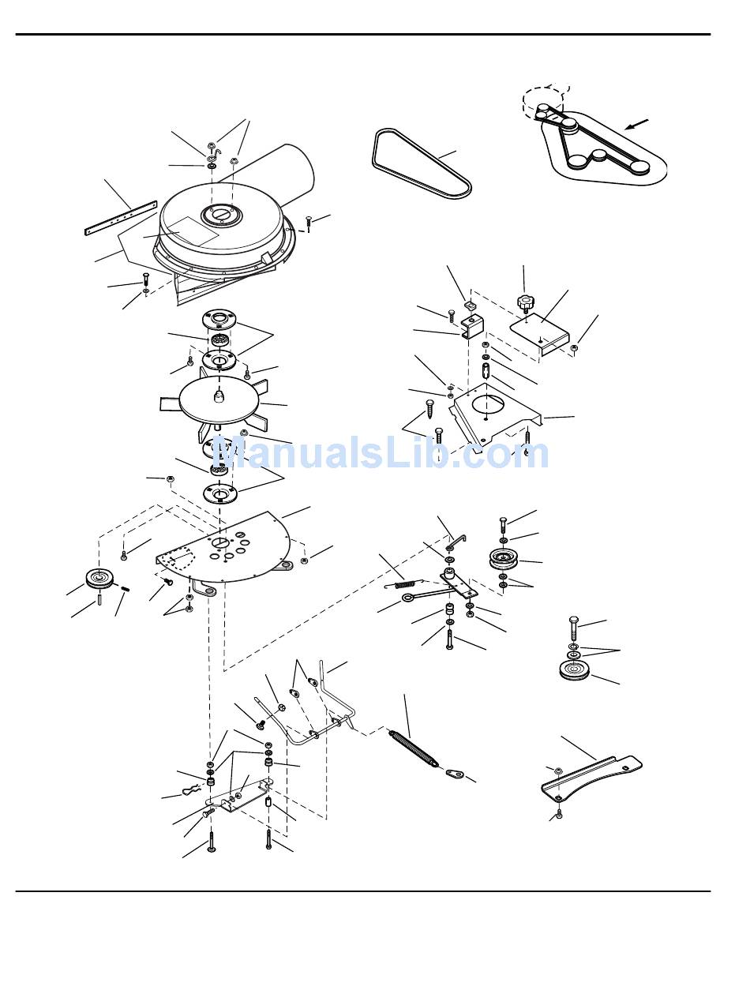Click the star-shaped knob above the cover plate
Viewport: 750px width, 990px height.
[x=524, y=302]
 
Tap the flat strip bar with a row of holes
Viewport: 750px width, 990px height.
[x=121, y=217]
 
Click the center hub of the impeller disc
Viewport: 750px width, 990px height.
[x=219, y=396]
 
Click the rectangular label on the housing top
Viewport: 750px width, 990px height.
[x=193, y=231]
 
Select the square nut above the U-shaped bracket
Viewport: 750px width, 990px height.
[x=470, y=306]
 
